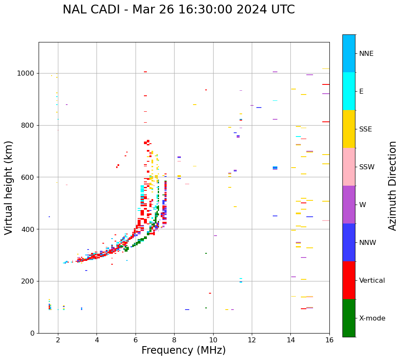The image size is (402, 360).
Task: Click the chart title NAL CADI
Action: click(x=178, y=10)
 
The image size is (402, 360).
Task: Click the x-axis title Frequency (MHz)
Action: click(x=183, y=350)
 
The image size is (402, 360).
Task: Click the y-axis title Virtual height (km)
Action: click(x=9, y=188)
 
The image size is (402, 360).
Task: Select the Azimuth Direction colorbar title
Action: click(x=392, y=186)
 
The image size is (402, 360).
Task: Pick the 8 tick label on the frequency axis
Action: click(x=175, y=340)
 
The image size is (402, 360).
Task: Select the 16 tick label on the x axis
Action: click(x=329, y=340)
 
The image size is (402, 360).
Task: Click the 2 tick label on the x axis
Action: click(x=58, y=340)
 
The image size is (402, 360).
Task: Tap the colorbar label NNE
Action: click(x=366, y=54)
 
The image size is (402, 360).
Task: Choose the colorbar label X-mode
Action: click(x=372, y=318)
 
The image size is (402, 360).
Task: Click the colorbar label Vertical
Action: click(x=372, y=281)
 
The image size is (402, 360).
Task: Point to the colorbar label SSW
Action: click(x=367, y=167)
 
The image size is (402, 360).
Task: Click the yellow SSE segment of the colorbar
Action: click(x=349, y=129)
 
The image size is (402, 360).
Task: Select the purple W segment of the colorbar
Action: click(x=349, y=205)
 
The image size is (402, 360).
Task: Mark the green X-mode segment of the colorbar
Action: click(x=349, y=318)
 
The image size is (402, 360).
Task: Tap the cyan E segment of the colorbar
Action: click(x=349, y=91)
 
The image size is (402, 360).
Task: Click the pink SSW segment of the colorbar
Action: click(x=349, y=167)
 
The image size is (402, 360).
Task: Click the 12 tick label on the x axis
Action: click(x=252, y=340)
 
